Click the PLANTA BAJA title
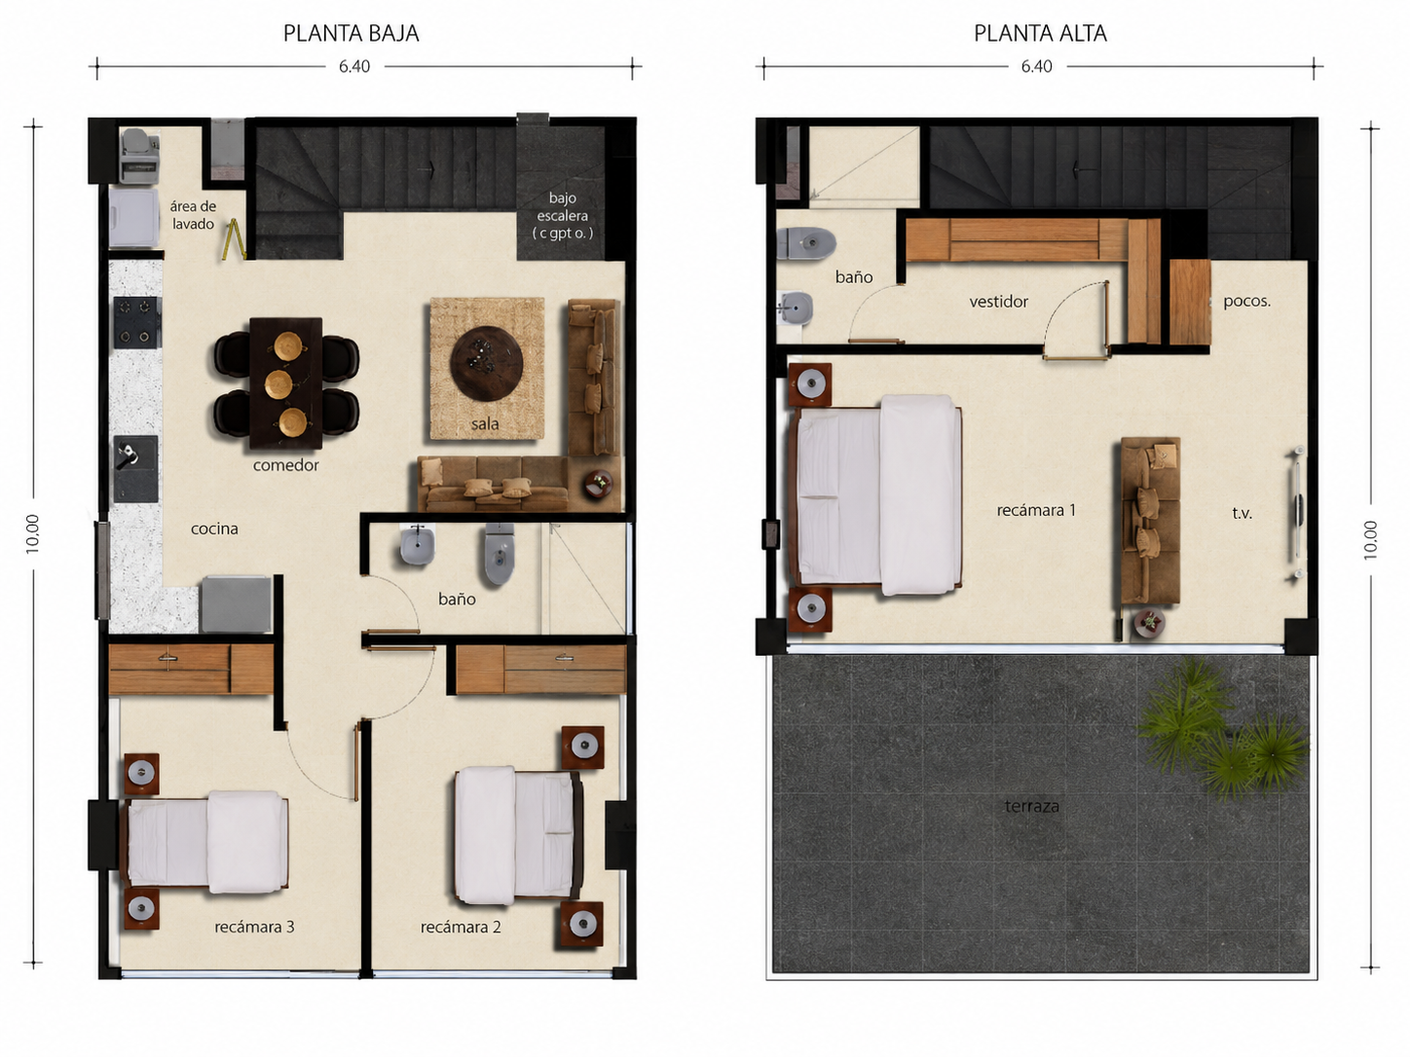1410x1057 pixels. [351, 33]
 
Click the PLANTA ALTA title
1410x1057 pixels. [1040, 33]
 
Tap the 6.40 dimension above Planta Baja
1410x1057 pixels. [353, 67]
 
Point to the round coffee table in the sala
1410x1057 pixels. [486, 363]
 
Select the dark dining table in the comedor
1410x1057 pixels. [286, 383]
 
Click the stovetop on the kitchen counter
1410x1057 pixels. [135, 322]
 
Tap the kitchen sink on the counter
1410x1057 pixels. [135, 468]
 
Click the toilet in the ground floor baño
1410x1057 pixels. [500, 553]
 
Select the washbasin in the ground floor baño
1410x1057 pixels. [418, 545]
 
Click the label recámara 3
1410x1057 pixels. [254, 927]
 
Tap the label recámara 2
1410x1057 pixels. [461, 927]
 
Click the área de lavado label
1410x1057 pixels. [193, 215]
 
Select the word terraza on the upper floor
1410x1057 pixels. [1031, 806]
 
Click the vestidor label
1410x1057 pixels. [999, 302]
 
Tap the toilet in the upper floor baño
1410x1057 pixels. [806, 243]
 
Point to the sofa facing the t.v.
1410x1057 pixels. [1150, 521]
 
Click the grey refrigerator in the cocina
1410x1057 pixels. [235, 604]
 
